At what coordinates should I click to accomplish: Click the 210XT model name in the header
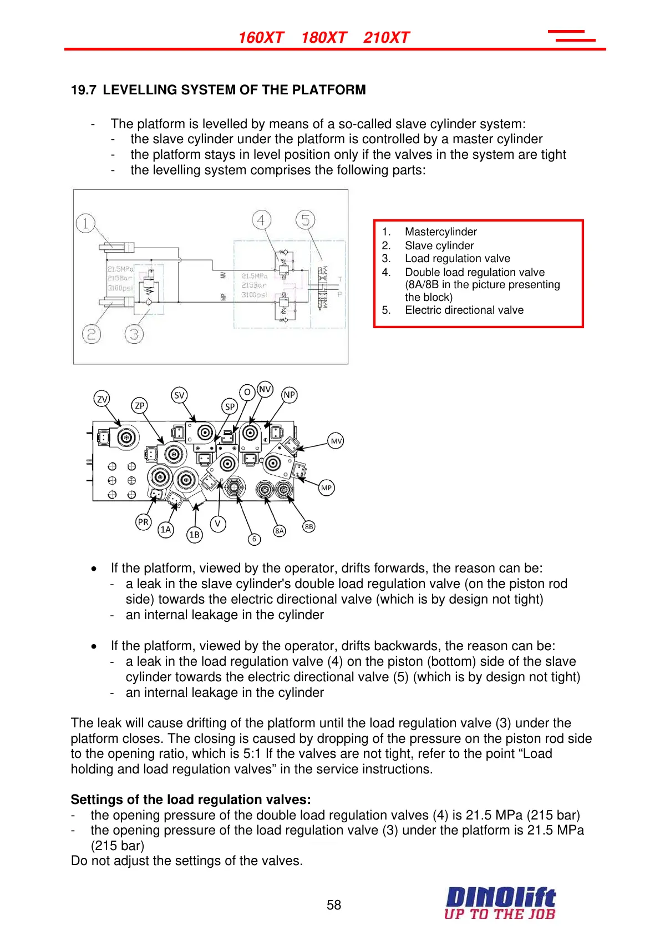386,38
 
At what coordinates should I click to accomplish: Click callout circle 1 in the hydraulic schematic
85,223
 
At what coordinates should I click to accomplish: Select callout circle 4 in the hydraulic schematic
261,220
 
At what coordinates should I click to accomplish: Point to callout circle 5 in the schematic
305,220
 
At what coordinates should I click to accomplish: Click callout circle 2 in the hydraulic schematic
92,334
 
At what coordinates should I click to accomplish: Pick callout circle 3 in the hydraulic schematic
134,334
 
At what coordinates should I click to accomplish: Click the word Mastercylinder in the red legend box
440,232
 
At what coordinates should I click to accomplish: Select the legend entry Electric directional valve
464,310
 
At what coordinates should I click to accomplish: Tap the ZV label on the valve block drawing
102,399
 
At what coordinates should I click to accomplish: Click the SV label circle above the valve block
179,395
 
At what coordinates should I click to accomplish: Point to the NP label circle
290,395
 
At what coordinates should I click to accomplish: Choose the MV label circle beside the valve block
336,441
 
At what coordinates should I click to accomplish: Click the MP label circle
326,488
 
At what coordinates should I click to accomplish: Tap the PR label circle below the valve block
143,522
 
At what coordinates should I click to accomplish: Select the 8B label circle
309,526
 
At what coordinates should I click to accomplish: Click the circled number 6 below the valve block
254,539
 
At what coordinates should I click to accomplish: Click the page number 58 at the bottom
334,905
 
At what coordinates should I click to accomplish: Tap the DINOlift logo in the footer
500,903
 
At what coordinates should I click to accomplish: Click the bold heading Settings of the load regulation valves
191,800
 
